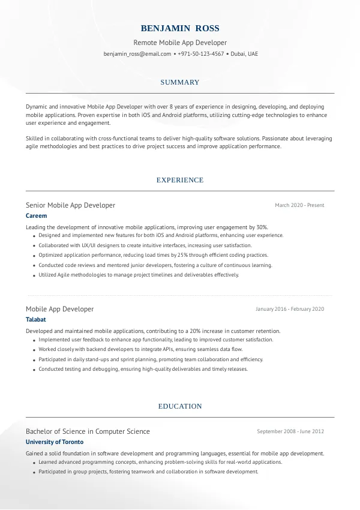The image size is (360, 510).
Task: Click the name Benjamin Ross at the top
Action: coord(180,28)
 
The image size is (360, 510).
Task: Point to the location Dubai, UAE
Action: coord(244,53)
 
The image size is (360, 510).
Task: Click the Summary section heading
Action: coord(180,82)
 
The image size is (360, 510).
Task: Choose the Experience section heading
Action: coord(180,180)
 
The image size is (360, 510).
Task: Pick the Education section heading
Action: coord(180,406)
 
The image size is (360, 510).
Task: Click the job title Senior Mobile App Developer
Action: coord(70,205)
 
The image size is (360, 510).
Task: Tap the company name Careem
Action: coord(36,215)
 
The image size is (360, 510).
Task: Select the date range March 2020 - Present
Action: coord(299,205)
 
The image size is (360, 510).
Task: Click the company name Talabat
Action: coord(36,319)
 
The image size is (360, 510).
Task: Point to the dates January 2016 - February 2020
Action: coord(290,309)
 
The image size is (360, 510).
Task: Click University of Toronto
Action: coord(55,442)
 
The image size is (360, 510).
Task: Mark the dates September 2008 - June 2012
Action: coord(290,431)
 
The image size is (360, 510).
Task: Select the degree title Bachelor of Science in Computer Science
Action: coord(88,431)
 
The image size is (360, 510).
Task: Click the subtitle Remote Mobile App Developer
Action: coord(180,43)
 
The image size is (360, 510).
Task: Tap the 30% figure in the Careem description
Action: coord(262,227)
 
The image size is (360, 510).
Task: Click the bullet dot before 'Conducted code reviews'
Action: coord(32,265)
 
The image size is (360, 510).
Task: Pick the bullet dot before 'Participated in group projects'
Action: coord(32,472)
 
